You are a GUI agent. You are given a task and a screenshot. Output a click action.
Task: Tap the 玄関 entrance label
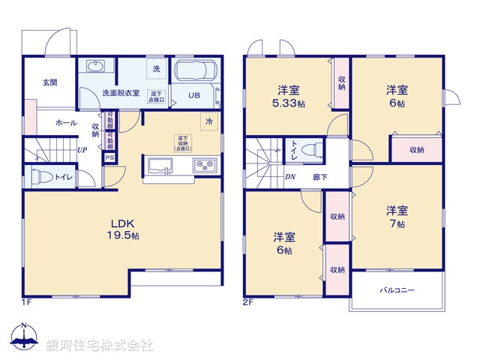(x=49, y=82)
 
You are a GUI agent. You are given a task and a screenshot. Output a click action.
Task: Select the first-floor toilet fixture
(x=43, y=177)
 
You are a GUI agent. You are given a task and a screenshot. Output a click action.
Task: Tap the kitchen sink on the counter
(x=160, y=166)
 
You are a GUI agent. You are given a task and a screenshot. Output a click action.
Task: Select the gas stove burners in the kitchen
(x=204, y=166)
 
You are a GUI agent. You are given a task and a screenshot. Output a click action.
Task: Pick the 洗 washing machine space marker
(x=156, y=68)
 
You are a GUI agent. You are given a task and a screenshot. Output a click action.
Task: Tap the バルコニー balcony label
(x=397, y=289)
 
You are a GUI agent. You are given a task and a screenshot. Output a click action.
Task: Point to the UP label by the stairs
(x=82, y=149)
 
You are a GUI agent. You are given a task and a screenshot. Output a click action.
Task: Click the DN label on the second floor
(x=290, y=177)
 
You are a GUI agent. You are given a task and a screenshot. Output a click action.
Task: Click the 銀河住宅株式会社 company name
(x=99, y=346)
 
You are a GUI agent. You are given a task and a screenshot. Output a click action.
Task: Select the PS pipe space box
(x=109, y=157)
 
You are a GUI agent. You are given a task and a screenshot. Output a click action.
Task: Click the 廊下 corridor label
(x=319, y=178)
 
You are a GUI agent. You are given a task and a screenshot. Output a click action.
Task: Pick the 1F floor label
(x=26, y=302)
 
